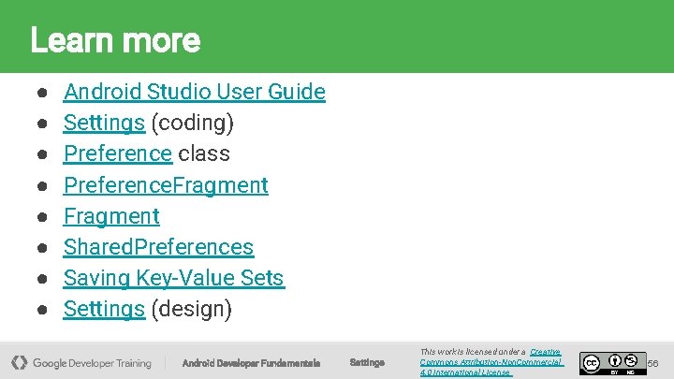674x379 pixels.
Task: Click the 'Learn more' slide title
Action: click(x=115, y=40)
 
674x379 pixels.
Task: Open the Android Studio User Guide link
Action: click(x=194, y=92)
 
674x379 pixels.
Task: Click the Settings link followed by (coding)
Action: click(x=103, y=123)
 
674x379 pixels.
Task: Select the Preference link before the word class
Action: click(x=117, y=153)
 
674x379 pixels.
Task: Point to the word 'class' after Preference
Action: click(x=203, y=153)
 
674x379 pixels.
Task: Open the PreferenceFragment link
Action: click(x=165, y=185)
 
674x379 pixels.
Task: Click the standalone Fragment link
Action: click(x=110, y=216)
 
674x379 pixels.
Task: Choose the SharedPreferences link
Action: click(x=158, y=247)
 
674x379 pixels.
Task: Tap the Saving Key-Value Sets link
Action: click(x=173, y=278)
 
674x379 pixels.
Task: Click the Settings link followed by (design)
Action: click(x=103, y=309)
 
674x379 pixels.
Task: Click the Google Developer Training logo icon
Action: click(x=20, y=362)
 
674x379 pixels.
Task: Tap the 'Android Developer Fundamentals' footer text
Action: click(x=251, y=363)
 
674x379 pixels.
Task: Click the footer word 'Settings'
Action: click(x=366, y=362)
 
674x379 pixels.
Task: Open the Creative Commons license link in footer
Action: click(x=491, y=362)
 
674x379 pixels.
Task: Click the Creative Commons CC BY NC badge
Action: click(x=613, y=362)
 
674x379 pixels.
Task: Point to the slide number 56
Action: click(x=653, y=362)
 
